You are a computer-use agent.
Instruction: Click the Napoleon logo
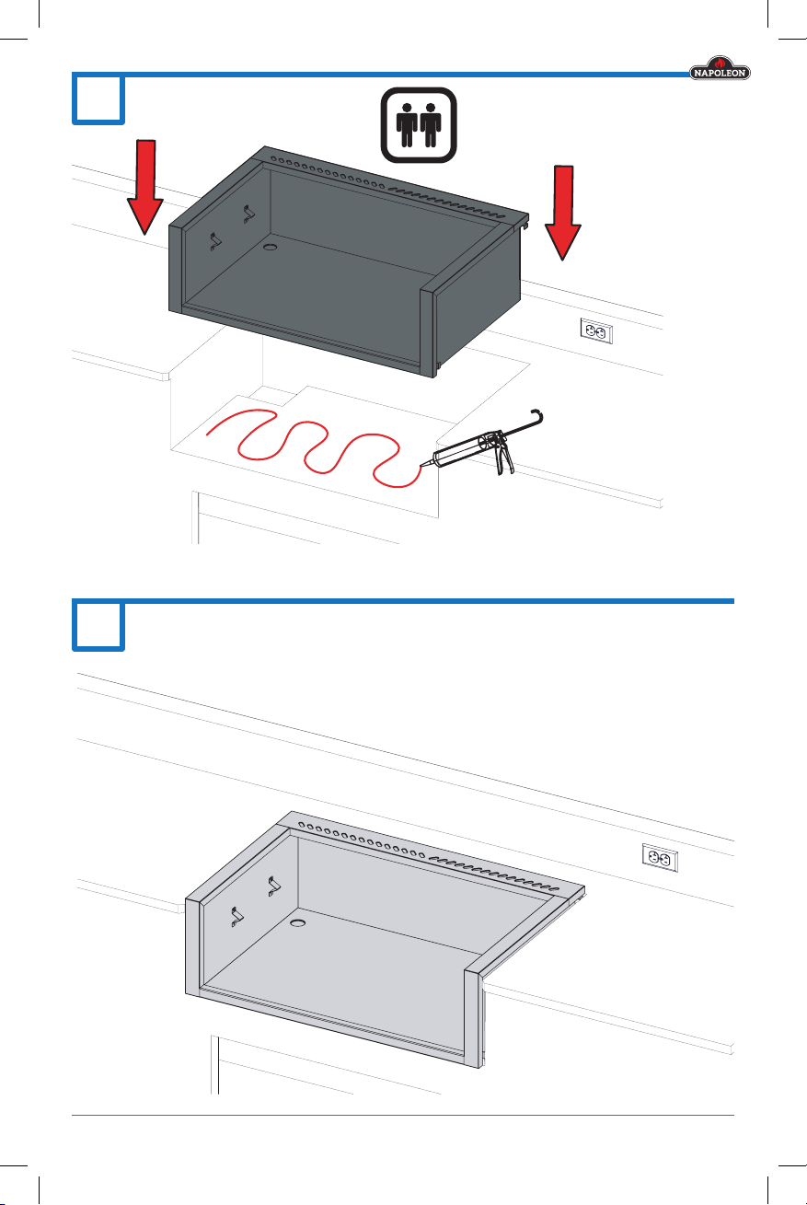tap(720, 68)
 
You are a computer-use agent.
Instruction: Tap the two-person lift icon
tap(419, 125)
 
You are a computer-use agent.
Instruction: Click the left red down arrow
tap(145, 187)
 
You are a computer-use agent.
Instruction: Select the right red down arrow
tap(563, 213)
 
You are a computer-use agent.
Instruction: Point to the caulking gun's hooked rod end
tap(538, 416)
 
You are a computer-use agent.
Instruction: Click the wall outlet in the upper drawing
tap(596, 330)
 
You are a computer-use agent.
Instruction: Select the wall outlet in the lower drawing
tap(660, 857)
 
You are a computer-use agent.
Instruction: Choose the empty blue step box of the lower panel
tap(98, 626)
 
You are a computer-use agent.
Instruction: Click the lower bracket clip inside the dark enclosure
tap(215, 241)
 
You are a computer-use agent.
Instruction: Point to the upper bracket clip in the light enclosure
tap(274, 886)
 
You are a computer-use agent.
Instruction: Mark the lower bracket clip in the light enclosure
tap(237, 917)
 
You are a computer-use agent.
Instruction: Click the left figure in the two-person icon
tap(407, 125)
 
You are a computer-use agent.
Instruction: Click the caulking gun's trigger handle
tap(504, 457)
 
